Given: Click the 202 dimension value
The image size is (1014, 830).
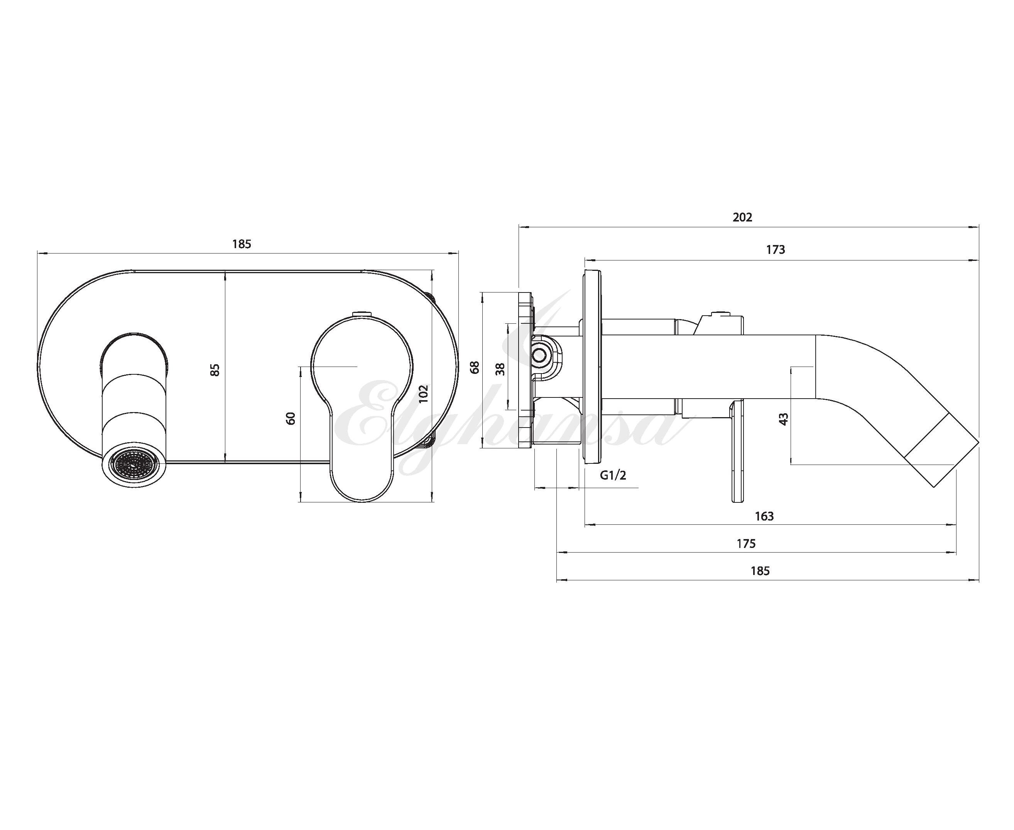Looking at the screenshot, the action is coord(742,218).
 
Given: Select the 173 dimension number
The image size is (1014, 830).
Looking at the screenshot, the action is coord(776,250).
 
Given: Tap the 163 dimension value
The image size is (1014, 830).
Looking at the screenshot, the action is coord(764,516).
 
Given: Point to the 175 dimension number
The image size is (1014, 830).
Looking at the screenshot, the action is coord(746,544).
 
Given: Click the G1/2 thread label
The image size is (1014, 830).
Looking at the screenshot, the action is coord(613,475).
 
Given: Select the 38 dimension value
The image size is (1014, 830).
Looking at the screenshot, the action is coord(500,369).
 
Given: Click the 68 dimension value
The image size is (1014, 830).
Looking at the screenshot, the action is coord(475,367).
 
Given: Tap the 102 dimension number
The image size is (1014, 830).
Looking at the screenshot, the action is coord(423,394).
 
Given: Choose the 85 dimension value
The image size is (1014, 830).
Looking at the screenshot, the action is coord(215,370).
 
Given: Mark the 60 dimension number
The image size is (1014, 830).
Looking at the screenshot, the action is coord(291,418).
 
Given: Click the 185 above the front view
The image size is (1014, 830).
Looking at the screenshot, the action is coord(242,244).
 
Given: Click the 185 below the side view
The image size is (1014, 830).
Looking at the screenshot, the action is coord(760,571).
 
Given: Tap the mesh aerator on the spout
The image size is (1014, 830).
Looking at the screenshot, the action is coord(132,464).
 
